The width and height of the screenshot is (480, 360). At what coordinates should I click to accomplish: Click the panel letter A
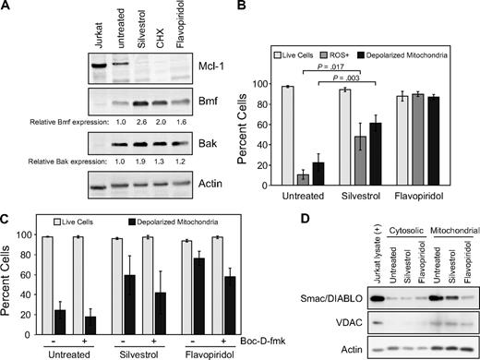coord(6,8)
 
